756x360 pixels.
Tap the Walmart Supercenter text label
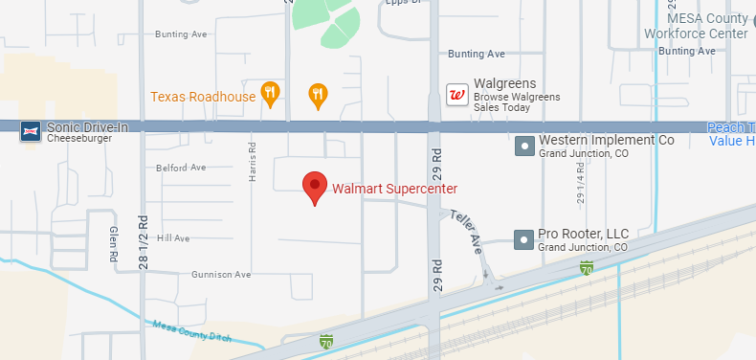point(394,188)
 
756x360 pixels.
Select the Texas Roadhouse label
point(203,97)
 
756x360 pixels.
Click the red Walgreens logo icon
point(457,94)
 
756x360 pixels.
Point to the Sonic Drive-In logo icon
point(30,130)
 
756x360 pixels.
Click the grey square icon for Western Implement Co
point(524,146)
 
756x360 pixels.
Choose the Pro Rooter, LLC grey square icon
point(524,239)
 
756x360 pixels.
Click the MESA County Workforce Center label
point(708,26)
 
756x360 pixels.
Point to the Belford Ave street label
point(181,168)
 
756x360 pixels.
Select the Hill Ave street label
point(173,237)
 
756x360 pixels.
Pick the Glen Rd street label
point(112,245)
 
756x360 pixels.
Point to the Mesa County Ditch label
point(193,330)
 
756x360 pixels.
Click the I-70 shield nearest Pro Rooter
point(585,270)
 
